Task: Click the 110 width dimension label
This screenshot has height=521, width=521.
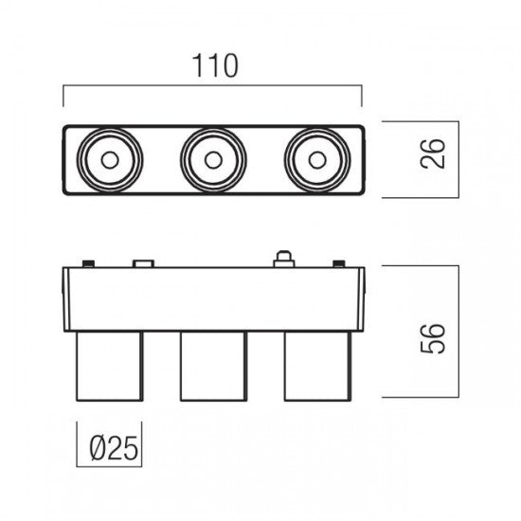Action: (x=215, y=65)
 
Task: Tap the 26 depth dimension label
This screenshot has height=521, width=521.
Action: (x=432, y=153)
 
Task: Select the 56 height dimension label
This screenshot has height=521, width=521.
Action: (x=432, y=338)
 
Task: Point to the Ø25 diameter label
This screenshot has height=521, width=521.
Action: (x=114, y=448)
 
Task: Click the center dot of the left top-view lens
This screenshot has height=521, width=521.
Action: (x=110, y=160)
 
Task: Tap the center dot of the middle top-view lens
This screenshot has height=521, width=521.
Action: (x=213, y=160)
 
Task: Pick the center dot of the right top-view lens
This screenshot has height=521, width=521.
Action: (x=317, y=160)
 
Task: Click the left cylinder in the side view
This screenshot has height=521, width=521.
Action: (x=110, y=367)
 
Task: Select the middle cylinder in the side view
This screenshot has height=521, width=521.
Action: (x=214, y=367)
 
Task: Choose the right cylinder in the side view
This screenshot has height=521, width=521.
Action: (x=317, y=367)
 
